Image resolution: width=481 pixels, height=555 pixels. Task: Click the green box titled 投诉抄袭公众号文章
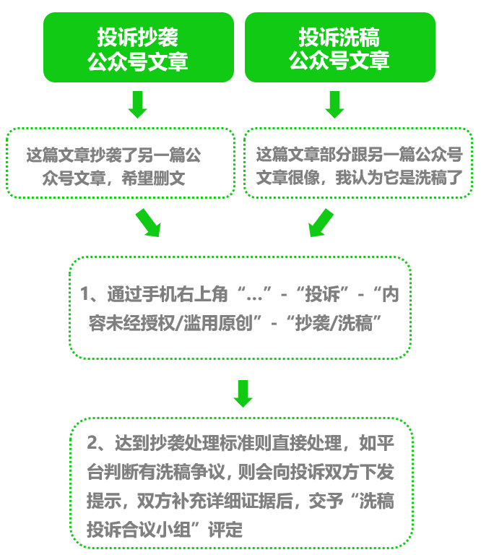pyautogui.click(x=138, y=47)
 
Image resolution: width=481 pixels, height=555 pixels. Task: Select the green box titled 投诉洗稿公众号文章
pyautogui.click(x=339, y=47)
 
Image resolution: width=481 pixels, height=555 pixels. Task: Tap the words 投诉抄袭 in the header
pyautogui.click(x=138, y=36)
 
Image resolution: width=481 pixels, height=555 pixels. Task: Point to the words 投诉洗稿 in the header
pyautogui.click(x=339, y=36)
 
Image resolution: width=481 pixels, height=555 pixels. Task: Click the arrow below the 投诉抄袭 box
pyautogui.click(x=137, y=104)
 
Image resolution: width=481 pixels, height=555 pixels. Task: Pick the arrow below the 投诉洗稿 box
pyautogui.click(x=334, y=104)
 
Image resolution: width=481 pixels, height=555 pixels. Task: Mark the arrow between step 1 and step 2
pyautogui.click(x=243, y=392)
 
